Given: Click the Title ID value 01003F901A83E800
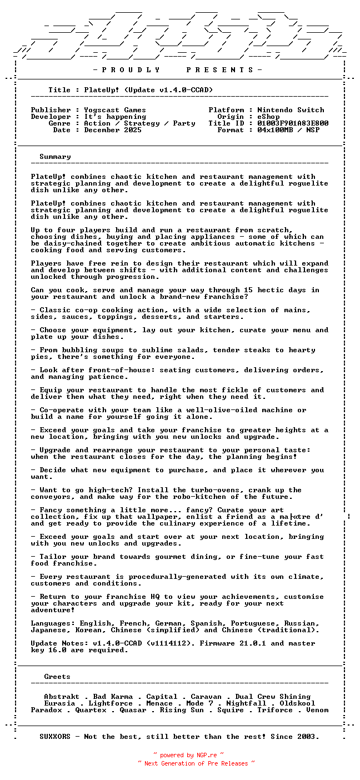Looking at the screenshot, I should (x=293, y=123).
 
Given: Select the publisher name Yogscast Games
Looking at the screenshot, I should (x=115, y=110).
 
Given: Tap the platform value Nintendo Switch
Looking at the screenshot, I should (x=291, y=110).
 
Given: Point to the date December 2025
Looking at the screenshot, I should (x=113, y=130).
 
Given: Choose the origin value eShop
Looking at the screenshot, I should (x=268, y=117).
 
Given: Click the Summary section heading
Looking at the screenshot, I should (x=55, y=157).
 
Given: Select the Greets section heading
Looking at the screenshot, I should (x=57, y=677).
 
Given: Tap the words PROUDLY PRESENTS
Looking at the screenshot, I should (x=177, y=70).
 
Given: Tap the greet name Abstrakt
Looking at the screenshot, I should (x=62, y=697).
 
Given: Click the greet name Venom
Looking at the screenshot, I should (x=317, y=710).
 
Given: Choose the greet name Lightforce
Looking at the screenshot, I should (x=111, y=703).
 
